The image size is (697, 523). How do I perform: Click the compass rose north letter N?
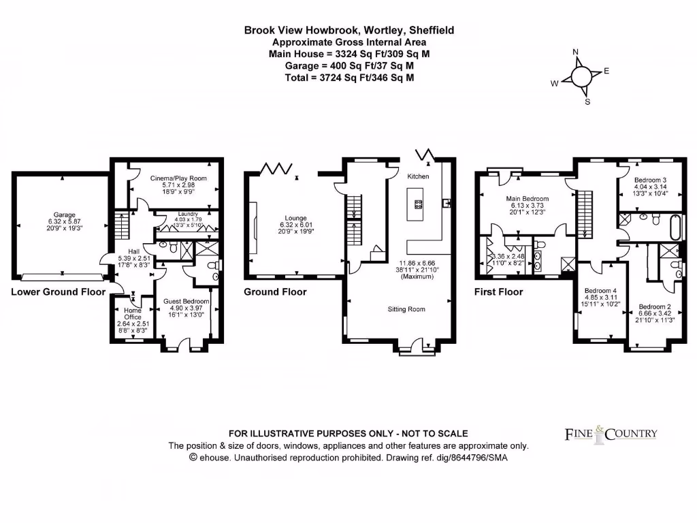[576, 52]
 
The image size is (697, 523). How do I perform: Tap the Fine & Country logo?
[611, 433]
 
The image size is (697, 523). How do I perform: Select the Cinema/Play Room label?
[178, 178]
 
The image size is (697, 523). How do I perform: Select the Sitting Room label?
[406, 309]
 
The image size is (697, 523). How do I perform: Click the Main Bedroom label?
[527, 199]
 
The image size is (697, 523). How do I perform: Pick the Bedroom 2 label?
[654, 306]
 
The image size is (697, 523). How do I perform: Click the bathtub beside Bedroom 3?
[674, 226]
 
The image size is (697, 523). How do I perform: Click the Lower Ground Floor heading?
[59, 292]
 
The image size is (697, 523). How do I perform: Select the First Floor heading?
[498, 292]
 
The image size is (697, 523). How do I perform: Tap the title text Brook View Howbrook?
[302, 30]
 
